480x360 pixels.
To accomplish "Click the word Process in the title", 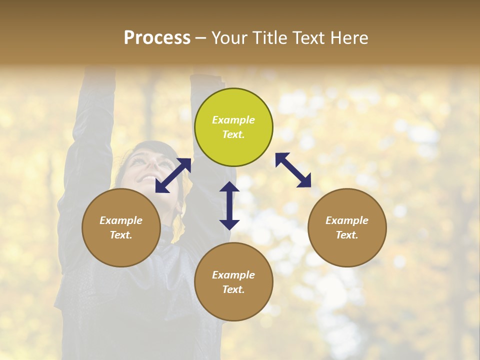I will (157, 38).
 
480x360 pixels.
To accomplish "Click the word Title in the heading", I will (268, 38).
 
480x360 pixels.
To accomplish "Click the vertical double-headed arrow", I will (229, 205).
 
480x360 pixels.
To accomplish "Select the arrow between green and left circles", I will (173, 175).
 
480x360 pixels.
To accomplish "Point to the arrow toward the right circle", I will (293, 170).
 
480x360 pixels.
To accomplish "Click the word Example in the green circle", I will (233, 120).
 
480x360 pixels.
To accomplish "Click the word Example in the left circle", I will (121, 220).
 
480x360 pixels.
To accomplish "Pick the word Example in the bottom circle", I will (233, 275).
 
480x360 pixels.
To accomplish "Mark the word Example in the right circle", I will (347, 220).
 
